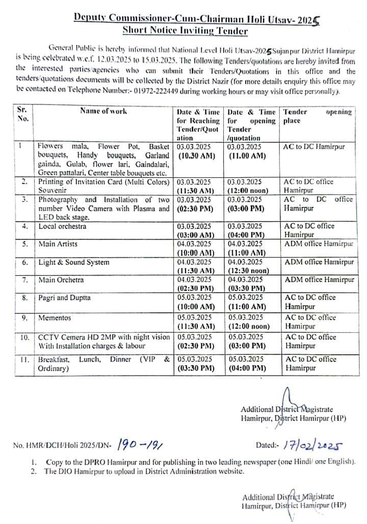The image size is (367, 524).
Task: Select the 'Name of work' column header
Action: pyautogui.click(x=103, y=111)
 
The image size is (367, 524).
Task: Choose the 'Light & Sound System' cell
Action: pyautogui.click(x=73, y=263)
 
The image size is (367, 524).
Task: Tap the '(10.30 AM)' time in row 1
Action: pyautogui.click(x=195, y=155)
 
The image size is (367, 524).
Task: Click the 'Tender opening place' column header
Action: pyautogui.click(x=317, y=116)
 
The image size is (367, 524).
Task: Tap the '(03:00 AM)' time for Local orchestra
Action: pyautogui.click(x=196, y=235)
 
